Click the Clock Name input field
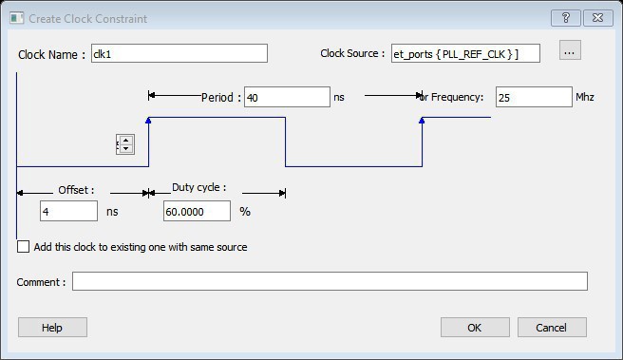pos(179,53)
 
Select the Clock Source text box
pos(465,53)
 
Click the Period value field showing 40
pos(287,97)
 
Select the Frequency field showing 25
pos(534,97)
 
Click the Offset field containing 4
pos(68,211)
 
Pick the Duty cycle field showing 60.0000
pos(197,211)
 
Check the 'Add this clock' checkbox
pos(23,247)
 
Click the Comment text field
pos(330,281)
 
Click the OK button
pos(475,328)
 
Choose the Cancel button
pos(552,328)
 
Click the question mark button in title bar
pos(566,18)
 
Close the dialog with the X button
pos(598,18)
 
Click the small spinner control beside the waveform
pos(125,144)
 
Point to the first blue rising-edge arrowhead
pos(148,120)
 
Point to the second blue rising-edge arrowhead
pos(422,120)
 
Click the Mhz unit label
pos(585,97)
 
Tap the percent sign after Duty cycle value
pos(245,212)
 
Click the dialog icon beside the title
pos(17,18)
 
